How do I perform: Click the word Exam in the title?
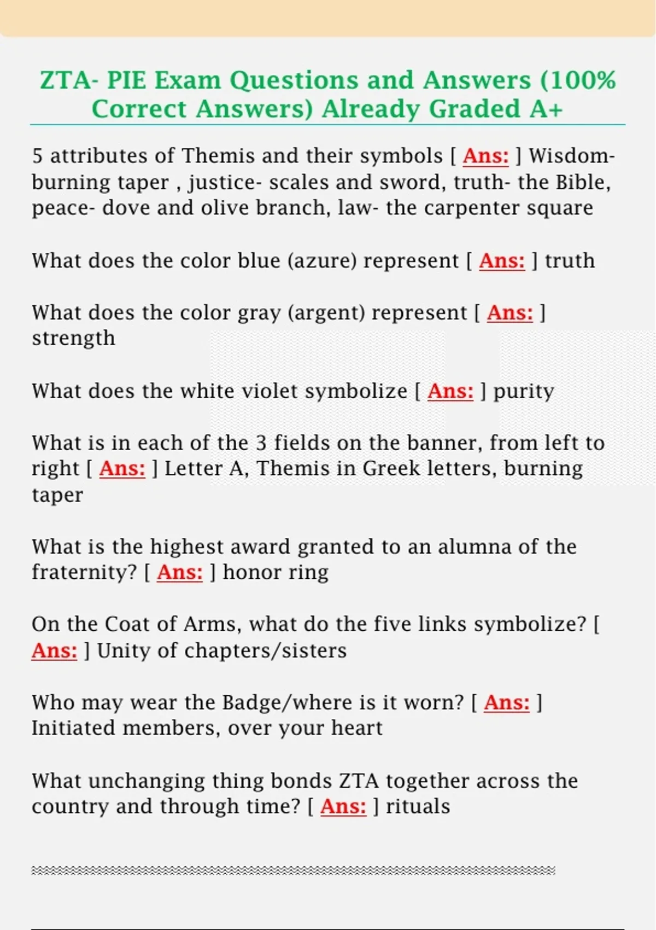(x=185, y=80)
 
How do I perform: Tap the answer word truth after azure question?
(x=570, y=261)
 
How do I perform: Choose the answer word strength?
(x=73, y=338)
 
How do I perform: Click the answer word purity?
(x=523, y=391)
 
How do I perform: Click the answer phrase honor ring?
(x=276, y=573)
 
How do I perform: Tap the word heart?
(x=359, y=729)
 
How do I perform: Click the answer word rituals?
(x=418, y=807)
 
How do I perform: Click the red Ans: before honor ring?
(x=179, y=573)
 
